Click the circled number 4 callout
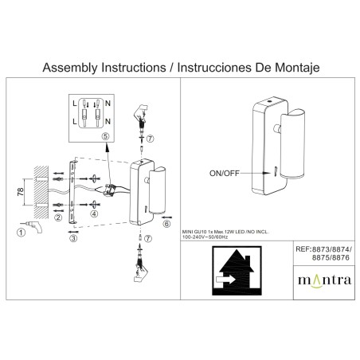[95, 213]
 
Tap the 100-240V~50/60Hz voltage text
[205, 237]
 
